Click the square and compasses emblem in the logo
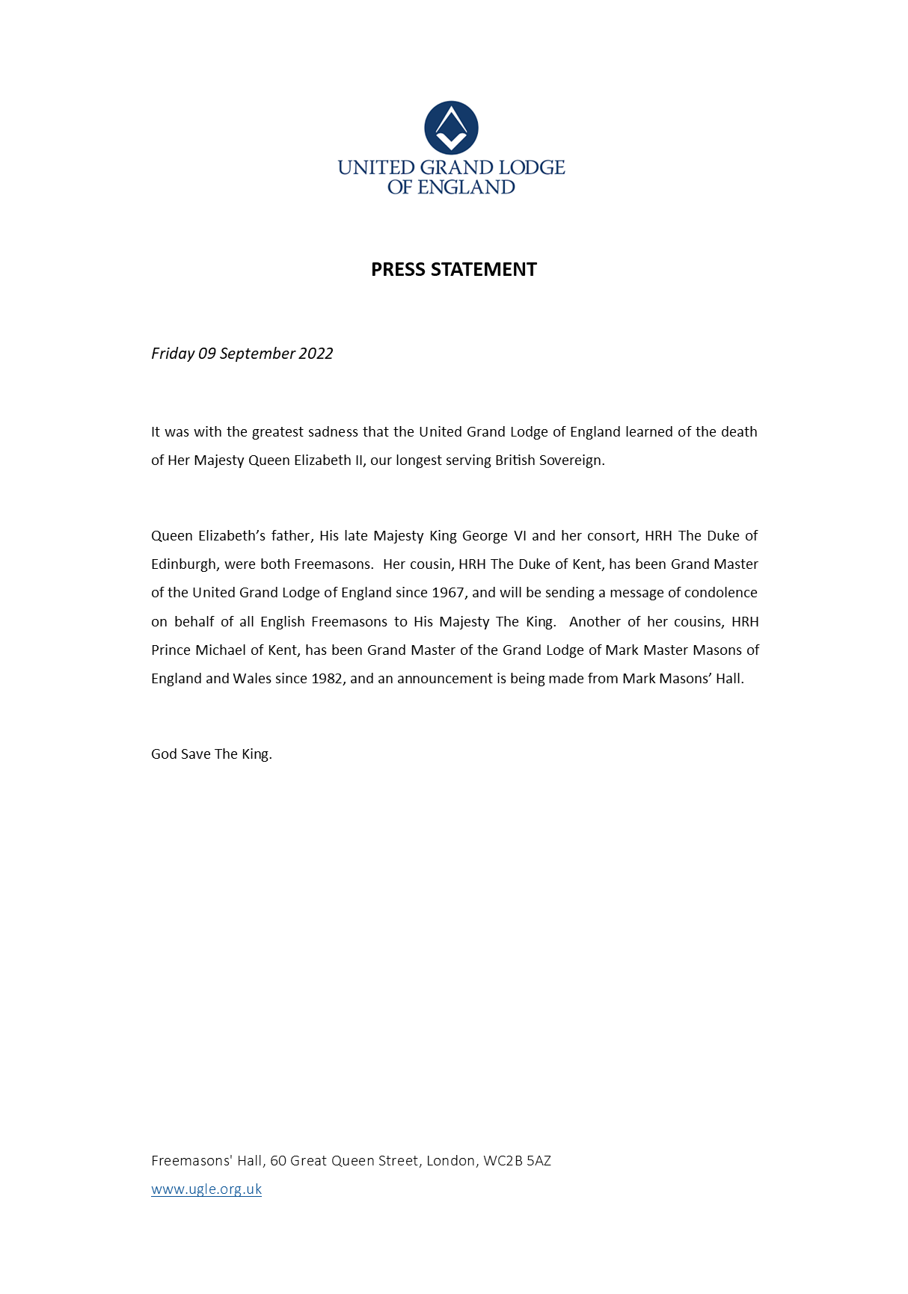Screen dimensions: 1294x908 tap(451, 128)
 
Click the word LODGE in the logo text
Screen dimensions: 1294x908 tap(532, 167)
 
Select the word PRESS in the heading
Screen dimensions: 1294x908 tap(398, 270)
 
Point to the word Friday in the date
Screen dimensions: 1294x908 tap(172, 354)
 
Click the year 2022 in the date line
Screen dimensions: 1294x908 tap(316, 354)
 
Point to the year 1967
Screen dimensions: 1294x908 tap(448, 593)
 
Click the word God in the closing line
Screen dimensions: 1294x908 tap(163, 754)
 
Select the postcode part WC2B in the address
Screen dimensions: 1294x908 tap(503, 1161)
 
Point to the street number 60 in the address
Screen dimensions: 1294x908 tap(278, 1161)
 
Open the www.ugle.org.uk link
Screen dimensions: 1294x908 tap(206, 1189)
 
